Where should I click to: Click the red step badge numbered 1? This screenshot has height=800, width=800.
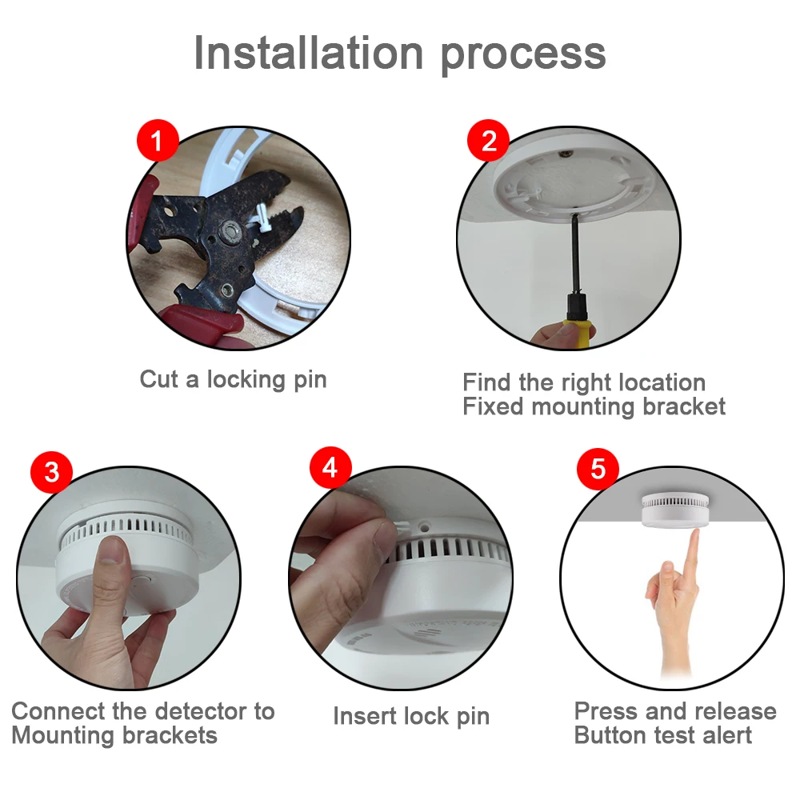(158, 140)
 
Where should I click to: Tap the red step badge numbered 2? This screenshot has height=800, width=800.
(488, 140)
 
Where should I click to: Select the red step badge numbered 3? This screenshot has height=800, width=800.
(51, 472)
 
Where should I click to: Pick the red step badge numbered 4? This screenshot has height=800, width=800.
(330, 468)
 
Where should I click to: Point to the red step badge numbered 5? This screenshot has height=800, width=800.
(598, 469)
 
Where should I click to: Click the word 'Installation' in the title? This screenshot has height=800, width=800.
(309, 53)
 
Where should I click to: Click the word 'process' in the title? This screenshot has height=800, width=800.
(523, 57)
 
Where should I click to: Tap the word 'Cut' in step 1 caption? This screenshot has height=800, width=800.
(158, 379)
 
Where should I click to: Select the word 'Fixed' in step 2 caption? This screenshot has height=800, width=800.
(493, 406)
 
